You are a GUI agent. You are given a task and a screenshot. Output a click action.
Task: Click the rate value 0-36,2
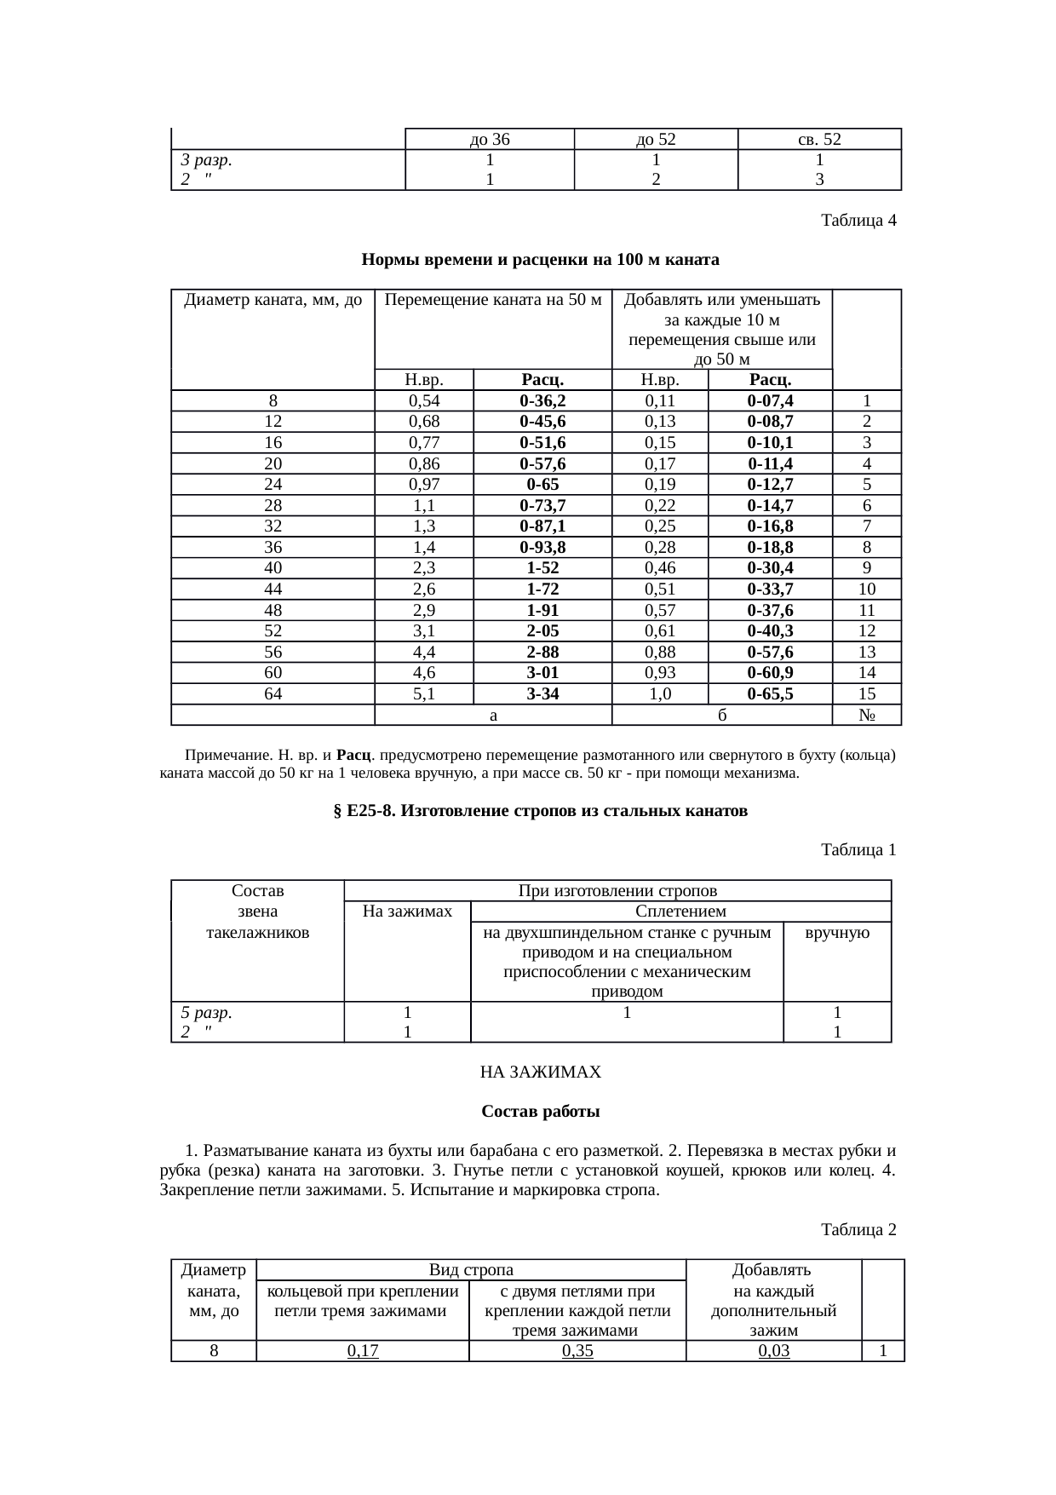pos(542,401)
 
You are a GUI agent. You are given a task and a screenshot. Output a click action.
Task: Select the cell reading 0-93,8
pos(542,548)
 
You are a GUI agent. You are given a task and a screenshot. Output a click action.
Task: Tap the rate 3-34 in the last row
pos(542,694)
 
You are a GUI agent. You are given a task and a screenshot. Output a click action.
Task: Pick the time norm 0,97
pos(423,485)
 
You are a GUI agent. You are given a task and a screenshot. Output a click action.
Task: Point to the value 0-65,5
pos(770,694)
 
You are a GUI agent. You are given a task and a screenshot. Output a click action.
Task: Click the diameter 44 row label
pos(273,589)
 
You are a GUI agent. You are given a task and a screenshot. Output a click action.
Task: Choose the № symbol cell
pos(867,716)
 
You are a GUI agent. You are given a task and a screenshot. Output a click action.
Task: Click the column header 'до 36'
pos(490,140)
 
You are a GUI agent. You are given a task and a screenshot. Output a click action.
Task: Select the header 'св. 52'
pos(818,140)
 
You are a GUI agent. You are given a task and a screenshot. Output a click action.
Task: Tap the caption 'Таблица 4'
pos(858,221)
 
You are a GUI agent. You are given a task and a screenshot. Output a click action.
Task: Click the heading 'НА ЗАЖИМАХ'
pos(541,1072)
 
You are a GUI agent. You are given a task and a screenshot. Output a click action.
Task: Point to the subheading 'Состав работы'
pos(541,1113)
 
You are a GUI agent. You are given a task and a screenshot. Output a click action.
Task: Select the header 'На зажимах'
pos(407,911)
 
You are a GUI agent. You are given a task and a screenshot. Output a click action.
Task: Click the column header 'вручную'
pos(837,933)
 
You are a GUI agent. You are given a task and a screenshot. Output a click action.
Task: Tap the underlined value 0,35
pos(577,1351)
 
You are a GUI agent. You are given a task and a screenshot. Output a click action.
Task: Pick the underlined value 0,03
pos(773,1351)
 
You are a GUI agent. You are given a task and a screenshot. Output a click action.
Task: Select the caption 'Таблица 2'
pos(858,1230)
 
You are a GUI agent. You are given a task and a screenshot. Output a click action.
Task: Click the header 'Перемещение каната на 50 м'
pos(493,301)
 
